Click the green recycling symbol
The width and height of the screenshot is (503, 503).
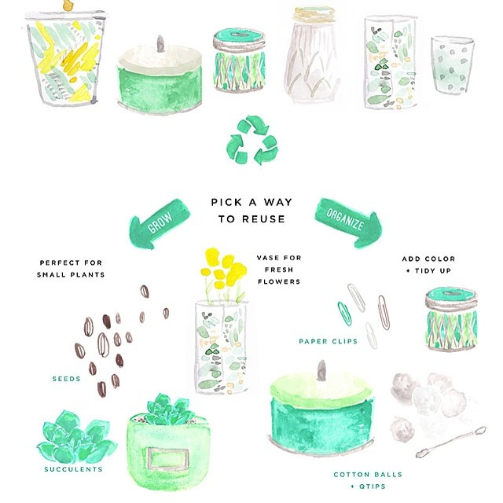(252, 140)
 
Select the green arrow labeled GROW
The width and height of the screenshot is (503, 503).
(159, 223)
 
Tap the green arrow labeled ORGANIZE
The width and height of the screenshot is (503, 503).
(348, 222)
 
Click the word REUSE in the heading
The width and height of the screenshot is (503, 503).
(263, 219)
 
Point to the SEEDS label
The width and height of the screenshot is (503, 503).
(66, 379)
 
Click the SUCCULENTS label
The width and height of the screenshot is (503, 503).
(73, 469)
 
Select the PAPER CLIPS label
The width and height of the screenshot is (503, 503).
(329, 341)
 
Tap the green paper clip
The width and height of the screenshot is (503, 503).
(344, 314)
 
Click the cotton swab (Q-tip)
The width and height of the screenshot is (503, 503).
(450, 442)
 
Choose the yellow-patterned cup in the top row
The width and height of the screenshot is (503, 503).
(65, 57)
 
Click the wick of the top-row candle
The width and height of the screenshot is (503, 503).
(160, 44)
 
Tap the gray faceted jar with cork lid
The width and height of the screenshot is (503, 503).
(312, 54)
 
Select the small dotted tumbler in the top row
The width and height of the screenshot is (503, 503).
(453, 65)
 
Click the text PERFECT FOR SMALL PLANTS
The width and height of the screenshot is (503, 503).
(71, 269)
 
